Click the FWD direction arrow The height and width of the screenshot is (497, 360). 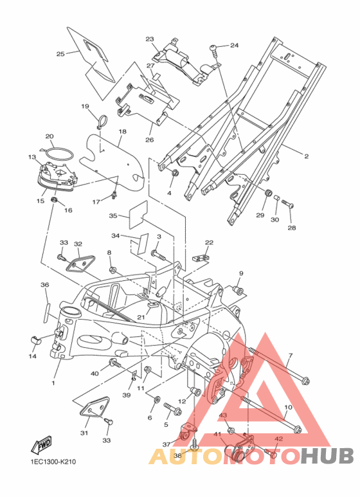[x=41, y=445]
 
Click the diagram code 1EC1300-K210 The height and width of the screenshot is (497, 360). [x=53, y=462]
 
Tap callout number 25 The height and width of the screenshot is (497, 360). [x=60, y=54]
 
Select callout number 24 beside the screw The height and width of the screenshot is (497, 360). [x=234, y=45]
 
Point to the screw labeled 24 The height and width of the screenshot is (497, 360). [x=213, y=50]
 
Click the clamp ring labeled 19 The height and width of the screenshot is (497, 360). [x=102, y=122]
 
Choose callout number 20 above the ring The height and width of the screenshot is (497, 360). [x=50, y=136]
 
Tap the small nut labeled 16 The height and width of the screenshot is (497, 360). [x=54, y=200]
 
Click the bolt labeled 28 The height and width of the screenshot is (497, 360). [x=287, y=203]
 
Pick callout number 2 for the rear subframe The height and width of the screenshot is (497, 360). [x=306, y=156]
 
